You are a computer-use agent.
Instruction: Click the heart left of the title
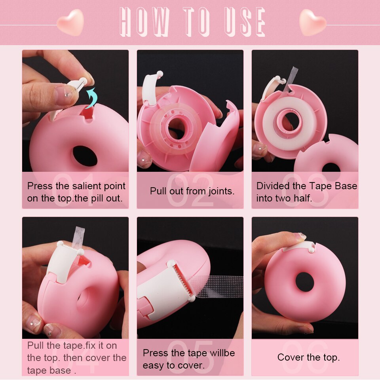[70, 23]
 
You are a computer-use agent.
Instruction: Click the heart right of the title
[313, 23]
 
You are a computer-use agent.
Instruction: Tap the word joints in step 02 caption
[219, 191]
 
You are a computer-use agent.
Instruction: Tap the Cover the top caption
[308, 357]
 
